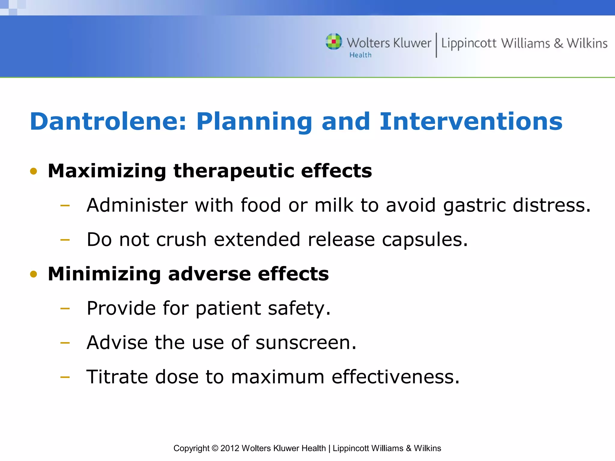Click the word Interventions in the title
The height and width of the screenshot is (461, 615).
(471, 122)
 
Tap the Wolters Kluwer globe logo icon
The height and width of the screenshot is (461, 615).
(334, 41)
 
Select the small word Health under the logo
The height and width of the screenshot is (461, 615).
(360, 55)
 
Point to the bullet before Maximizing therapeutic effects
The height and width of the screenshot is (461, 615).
(34, 171)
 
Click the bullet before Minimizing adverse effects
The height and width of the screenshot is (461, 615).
(34, 274)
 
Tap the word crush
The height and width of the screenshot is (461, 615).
(181, 240)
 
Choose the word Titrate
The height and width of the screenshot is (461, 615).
(117, 377)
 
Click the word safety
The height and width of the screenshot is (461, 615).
(299, 309)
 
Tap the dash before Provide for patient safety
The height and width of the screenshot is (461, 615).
(65, 309)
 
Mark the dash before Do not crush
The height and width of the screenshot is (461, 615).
(65, 240)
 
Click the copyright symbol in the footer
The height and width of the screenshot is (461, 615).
(215, 448)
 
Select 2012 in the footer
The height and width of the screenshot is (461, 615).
(230, 448)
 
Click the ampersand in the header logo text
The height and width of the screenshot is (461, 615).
(558, 43)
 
